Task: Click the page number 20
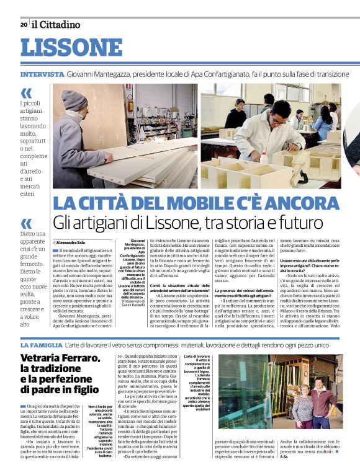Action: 24,25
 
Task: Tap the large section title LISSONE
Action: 63,48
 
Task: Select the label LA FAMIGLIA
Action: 41,345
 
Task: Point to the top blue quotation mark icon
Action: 26,94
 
